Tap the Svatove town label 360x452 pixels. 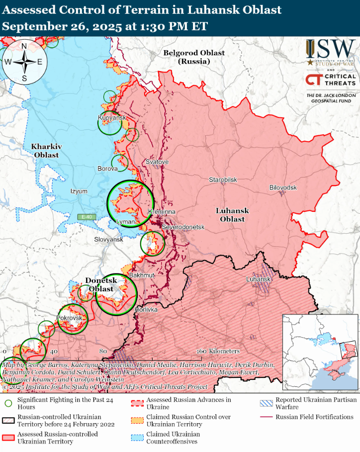(157, 162)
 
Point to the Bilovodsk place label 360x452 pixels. (283, 187)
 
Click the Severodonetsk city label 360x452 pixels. (183, 227)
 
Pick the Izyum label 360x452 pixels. (79, 191)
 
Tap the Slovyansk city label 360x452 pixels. (108, 239)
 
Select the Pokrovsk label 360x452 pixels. (69, 317)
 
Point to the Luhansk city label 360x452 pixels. (258, 279)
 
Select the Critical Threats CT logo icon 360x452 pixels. (313, 80)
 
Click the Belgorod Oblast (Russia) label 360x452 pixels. (194, 57)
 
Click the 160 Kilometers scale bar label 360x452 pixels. (218, 351)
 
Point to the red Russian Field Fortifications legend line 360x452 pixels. (266, 417)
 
